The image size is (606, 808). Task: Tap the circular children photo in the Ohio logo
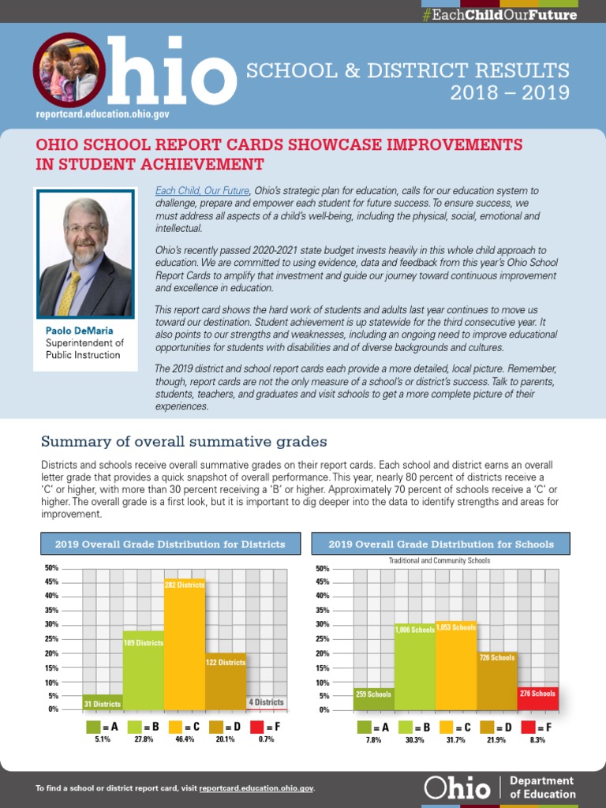tap(67, 69)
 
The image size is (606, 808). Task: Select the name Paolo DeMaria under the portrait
tap(78, 331)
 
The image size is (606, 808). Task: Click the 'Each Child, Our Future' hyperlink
tap(203, 191)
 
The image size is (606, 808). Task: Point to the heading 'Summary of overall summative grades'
tap(184, 441)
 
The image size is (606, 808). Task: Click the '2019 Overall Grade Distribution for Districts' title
tap(170, 544)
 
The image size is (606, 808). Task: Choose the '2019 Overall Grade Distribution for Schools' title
tap(441, 544)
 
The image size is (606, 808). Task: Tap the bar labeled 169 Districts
tap(144, 671)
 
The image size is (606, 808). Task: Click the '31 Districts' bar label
tap(103, 703)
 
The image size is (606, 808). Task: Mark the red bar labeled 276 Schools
tap(538, 698)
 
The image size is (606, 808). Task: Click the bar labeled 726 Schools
tap(497, 682)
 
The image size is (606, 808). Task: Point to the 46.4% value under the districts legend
tap(185, 739)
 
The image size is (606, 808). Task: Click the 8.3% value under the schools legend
tap(537, 740)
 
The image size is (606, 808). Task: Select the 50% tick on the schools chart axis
tap(322, 568)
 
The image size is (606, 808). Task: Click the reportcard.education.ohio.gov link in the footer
tap(257, 788)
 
